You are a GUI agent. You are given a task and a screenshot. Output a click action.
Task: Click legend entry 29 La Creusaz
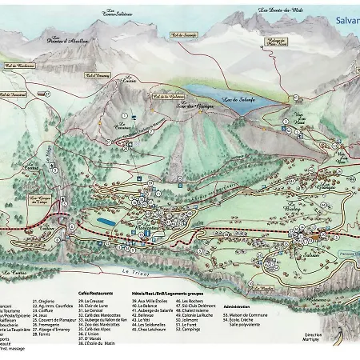tap(93, 300)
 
